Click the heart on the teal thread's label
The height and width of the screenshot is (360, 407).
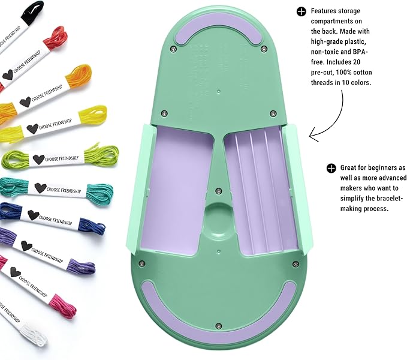tap(40, 188)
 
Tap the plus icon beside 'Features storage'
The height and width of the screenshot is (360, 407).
tap(301, 11)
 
